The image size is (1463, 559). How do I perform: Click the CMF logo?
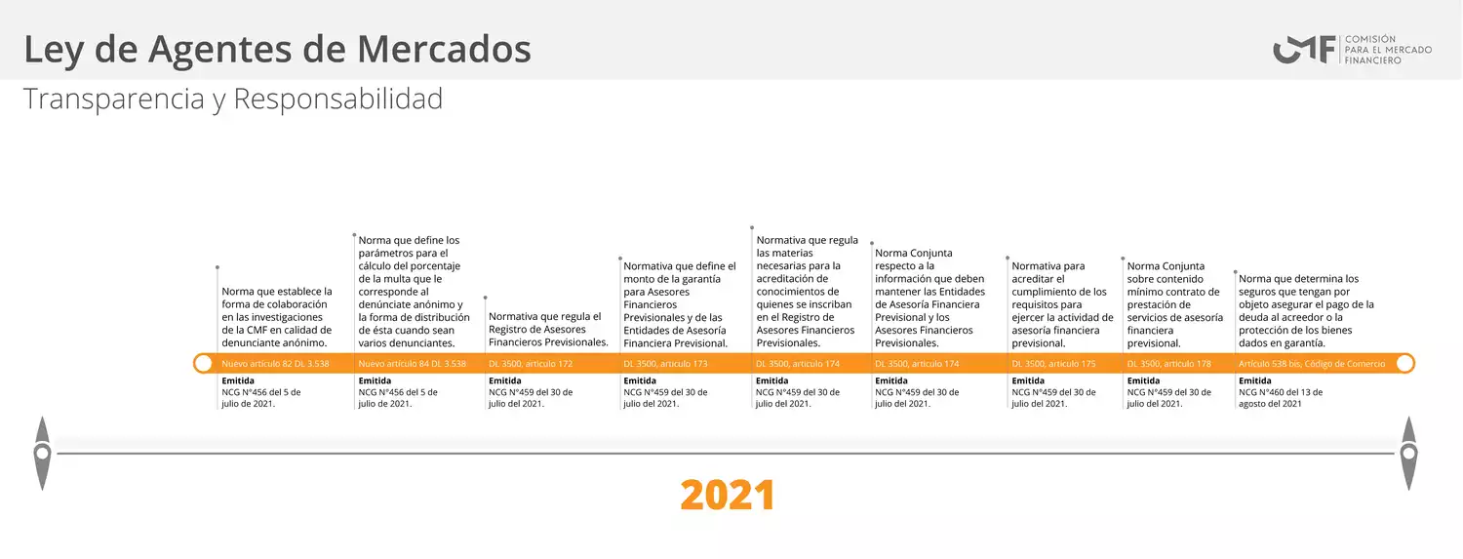1352,50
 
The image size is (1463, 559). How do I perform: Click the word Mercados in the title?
444,49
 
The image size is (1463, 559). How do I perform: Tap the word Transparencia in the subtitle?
114,99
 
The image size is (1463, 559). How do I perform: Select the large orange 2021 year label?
728,495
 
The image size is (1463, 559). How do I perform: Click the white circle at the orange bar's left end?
203,363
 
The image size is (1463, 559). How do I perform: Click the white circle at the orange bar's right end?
1405,363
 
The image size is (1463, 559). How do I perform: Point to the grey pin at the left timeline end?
43,454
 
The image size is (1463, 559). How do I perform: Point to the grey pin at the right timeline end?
1409,454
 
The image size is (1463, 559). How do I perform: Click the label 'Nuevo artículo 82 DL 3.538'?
275,364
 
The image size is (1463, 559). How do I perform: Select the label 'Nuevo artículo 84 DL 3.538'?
413,364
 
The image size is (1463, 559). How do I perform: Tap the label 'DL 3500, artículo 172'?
531,364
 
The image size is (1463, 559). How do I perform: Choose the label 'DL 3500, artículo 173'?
665,364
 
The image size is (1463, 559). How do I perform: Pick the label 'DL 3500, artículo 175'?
1053,364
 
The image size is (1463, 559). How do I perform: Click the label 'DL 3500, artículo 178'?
1169,364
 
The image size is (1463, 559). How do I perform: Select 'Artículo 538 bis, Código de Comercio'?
1312,364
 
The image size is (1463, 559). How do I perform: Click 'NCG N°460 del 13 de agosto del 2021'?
1280,398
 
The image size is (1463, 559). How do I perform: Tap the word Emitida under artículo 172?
505,380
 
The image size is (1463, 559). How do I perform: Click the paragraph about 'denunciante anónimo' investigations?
277,317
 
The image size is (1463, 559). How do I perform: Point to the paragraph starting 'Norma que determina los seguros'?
1306,310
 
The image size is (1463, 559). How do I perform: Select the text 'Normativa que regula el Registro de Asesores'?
544,323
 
